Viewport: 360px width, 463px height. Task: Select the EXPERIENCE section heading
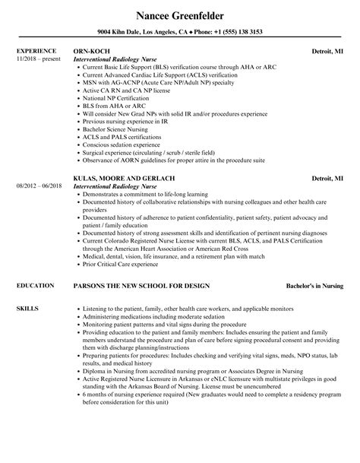click(36, 51)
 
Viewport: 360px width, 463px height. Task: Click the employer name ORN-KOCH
click(90, 51)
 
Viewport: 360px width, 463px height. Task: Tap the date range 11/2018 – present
click(37, 58)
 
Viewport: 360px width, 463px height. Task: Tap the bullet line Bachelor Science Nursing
click(118, 129)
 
